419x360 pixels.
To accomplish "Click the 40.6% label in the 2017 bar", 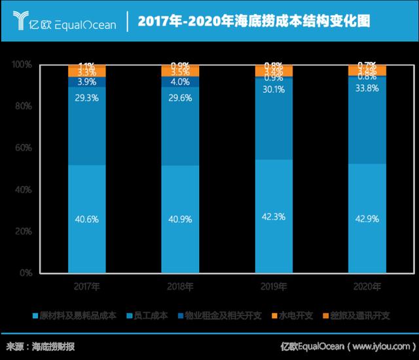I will coord(87,220).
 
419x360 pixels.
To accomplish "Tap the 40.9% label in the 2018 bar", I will coord(181,220).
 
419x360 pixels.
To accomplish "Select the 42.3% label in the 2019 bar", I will coord(274,217).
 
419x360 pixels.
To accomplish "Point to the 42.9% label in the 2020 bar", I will coord(367,217).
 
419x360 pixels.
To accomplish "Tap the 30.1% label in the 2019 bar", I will coord(274,90).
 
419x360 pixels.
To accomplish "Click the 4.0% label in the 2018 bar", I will coord(181,82).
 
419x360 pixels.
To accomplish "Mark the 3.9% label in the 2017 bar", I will coord(87,82).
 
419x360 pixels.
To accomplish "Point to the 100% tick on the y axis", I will coord(22,64).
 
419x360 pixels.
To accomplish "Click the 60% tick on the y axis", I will coord(24,147).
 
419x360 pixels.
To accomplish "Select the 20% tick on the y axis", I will coord(24,231).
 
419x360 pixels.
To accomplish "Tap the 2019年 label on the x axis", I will coord(274,286).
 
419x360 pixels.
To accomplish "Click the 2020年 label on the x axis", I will coord(367,286).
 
